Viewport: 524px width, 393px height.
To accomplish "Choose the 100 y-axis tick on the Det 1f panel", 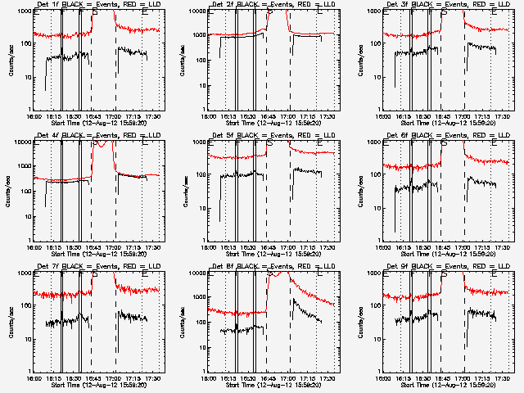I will coord(25,44).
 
